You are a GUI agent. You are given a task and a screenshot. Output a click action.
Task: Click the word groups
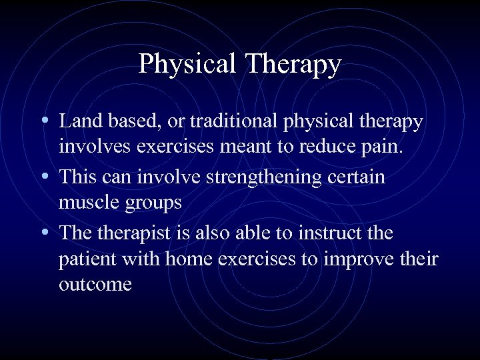[x=153, y=203]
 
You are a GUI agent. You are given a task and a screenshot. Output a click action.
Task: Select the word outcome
[x=95, y=284]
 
